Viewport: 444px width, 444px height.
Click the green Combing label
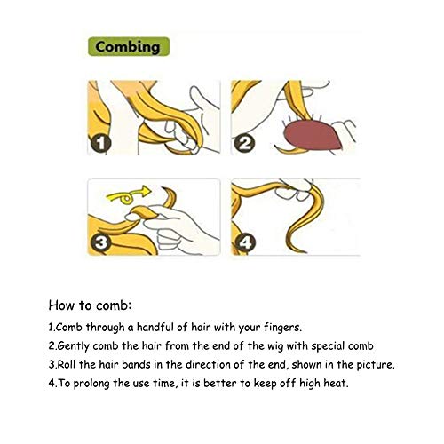click(x=129, y=46)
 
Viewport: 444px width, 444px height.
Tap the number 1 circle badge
click(x=101, y=144)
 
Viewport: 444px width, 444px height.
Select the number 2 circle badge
click(x=244, y=144)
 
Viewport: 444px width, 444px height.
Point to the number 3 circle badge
click(x=101, y=242)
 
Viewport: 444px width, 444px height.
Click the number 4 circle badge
click(x=245, y=242)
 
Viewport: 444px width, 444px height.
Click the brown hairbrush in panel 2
click(x=313, y=136)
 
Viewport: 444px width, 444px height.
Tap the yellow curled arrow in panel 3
click(x=128, y=194)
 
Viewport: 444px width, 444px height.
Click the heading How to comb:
click(x=90, y=305)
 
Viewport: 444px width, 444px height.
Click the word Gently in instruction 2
click(x=73, y=346)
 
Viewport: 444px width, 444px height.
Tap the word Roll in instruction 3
click(x=66, y=364)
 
